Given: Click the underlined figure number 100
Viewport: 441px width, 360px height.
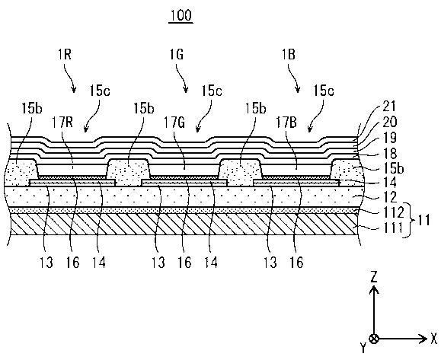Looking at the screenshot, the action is pos(181,15).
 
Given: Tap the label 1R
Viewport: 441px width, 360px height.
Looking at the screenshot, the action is pos(65,54).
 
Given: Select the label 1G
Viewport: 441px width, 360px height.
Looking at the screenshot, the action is pos(177,54).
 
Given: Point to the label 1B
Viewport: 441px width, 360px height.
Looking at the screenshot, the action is pos(288,54).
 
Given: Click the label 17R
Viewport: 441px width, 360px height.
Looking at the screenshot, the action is pos(62,123).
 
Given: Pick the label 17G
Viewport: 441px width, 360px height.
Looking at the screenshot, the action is pos(174,123).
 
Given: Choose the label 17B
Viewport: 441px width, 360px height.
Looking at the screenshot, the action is pos(286,123).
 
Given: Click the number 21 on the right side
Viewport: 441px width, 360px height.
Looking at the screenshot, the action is pos(389,107).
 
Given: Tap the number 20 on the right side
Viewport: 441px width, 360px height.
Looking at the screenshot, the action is pos(389,122).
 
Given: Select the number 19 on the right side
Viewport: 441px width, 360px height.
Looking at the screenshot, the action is pos(389,138).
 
